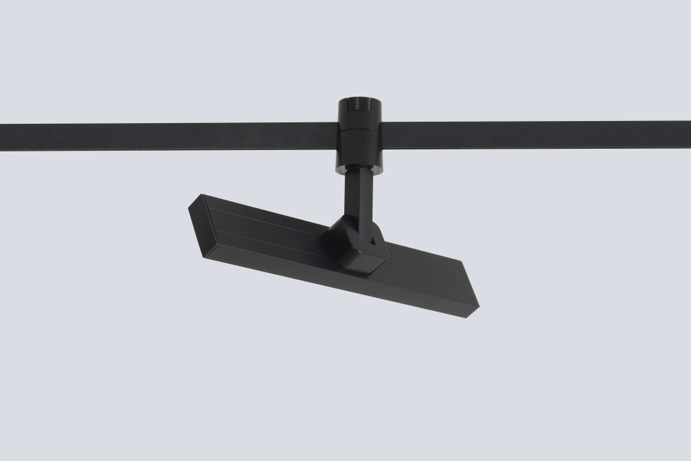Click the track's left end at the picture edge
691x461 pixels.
point(3,137)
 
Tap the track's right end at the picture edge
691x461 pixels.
point(688,135)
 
